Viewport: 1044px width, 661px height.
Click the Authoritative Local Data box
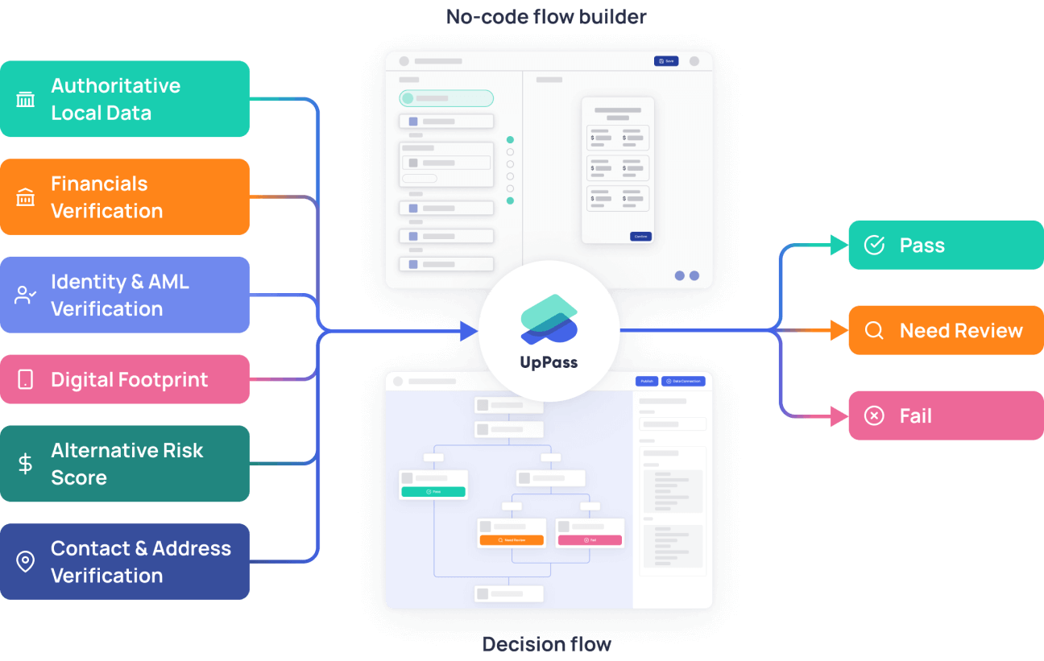click(x=125, y=99)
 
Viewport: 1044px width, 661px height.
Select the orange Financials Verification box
click(x=125, y=197)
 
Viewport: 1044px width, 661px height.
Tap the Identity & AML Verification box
click(x=125, y=295)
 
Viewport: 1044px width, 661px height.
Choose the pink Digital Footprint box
click(x=125, y=379)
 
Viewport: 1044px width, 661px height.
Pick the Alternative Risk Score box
click(x=125, y=464)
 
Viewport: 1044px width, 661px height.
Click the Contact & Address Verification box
click(x=125, y=561)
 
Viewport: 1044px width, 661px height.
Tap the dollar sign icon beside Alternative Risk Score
click(x=26, y=464)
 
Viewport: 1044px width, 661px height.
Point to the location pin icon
click(x=26, y=561)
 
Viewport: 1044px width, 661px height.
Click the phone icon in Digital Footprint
click(x=26, y=379)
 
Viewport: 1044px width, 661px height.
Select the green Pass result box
click(x=946, y=245)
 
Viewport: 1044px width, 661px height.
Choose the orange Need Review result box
click(x=946, y=330)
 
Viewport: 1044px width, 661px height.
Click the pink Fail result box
click(x=946, y=415)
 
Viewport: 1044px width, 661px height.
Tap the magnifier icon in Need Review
click(x=874, y=330)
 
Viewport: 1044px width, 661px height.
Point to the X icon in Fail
click(x=874, y=415)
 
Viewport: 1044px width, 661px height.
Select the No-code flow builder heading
click(x=546, y=16)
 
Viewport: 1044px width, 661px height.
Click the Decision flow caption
click(x=546, y=644)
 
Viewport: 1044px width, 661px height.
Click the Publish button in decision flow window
click(x=646, y=381)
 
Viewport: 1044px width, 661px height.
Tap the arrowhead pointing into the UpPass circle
click(x=470, y=330)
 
